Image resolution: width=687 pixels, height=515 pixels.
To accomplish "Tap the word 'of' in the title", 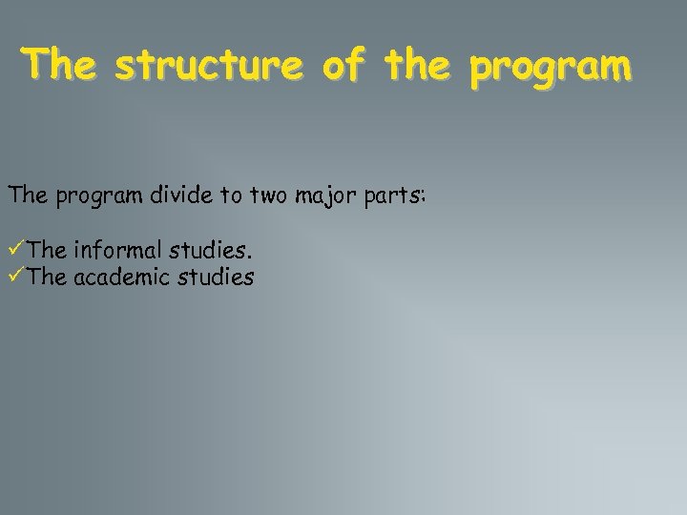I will [343, 66].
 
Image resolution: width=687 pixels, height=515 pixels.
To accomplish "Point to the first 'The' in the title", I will [61, 66].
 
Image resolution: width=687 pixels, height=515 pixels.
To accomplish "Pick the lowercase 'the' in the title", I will [417, 66].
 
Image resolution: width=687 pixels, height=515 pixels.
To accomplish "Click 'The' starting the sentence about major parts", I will [26, 196].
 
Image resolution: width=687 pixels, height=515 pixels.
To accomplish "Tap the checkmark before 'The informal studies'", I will [16, 251].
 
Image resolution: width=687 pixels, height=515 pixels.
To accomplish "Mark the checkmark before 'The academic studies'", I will [16, 278].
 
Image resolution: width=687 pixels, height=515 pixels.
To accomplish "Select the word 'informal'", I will [116, 251].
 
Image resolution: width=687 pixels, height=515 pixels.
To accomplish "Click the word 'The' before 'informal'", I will [47, 251].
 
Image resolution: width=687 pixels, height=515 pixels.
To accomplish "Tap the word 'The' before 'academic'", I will [47, 278].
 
